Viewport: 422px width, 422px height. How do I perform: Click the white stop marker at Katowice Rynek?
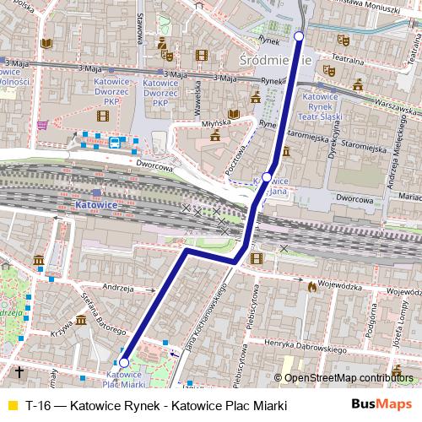point(299,35)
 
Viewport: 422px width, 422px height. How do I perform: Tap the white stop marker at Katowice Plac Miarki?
point(124,363)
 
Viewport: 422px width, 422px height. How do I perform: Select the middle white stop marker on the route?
point(267,176)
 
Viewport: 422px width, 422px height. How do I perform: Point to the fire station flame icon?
point(312,287)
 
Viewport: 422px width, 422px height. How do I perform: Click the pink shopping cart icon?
point(42,124)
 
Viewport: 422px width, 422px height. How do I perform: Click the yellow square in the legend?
point(12,406)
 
